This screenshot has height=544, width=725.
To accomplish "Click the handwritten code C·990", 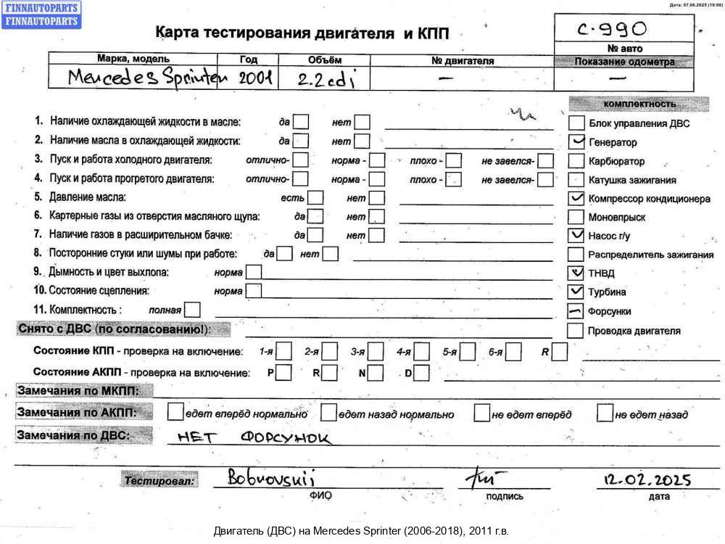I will point(613,29).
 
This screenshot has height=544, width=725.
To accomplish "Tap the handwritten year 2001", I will point(255,78).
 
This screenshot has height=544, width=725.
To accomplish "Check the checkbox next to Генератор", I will point(576,141).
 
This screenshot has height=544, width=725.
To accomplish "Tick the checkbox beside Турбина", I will point(576,292).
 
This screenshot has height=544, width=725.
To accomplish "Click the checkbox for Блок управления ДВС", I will point(576,123).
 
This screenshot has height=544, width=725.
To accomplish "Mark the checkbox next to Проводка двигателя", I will point(575,330).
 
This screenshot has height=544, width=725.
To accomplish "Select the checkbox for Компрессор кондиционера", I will point(576,197).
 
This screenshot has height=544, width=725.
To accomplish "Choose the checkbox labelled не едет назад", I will point(604,413).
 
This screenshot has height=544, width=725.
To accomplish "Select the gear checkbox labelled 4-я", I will point(422,352).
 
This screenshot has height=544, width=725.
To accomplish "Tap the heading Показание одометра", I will point(624,62).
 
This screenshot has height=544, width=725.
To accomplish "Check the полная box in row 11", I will point(192,310).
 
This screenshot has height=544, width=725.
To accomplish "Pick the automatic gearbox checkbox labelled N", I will point(375,373).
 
